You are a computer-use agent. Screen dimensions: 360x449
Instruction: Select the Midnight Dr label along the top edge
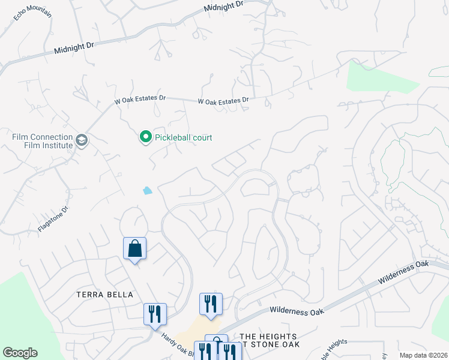pos(223,6)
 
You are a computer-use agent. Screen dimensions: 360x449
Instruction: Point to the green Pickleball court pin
pos(145,138)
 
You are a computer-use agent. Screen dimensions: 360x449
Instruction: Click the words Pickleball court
pos(184,137)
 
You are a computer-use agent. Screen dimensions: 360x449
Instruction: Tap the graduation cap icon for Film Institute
pos(82,141)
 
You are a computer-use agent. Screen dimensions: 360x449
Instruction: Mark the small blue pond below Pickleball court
pos(148,191)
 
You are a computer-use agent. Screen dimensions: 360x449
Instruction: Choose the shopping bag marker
pos(134,248)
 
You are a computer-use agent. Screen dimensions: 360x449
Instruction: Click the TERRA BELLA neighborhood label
pos(104,295)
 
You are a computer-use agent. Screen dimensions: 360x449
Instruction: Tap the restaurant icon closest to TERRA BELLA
pos(155,313)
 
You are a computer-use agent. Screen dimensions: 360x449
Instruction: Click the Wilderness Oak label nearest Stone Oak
pos(297,311)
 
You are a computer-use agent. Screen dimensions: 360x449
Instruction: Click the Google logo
pos(20,353)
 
